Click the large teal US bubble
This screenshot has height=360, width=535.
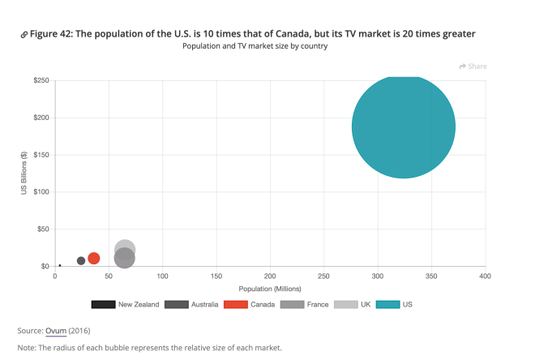point(403,126)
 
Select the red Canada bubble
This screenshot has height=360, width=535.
point(93,259)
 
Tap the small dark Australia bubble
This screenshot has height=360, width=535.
point(81,261)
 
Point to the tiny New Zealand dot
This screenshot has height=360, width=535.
point(60,265)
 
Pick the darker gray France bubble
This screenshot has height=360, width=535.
point(124,259)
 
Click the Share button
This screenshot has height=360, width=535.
point(473,66)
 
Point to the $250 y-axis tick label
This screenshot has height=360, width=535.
point(40,81)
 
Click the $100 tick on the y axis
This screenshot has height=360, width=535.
point(40,192)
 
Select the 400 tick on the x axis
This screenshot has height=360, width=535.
point(485,277)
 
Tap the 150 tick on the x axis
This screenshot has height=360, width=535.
point(216,277)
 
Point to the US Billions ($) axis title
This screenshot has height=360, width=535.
point(24,174)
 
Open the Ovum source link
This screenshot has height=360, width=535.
point(56,331)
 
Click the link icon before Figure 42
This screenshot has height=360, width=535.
point(24,35)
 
